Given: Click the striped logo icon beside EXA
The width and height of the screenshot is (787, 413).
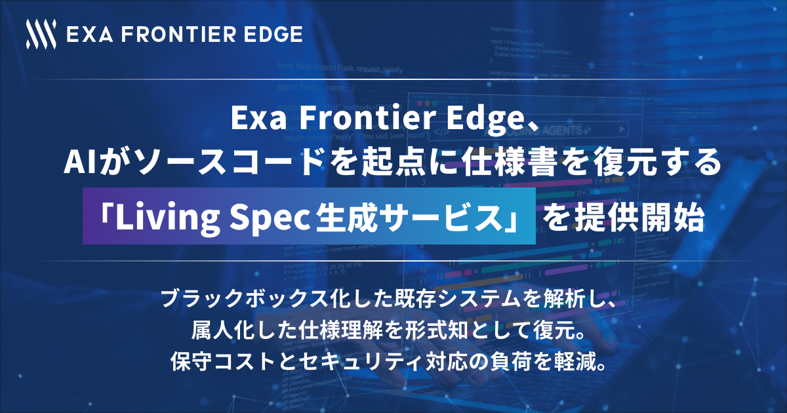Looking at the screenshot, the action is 41,34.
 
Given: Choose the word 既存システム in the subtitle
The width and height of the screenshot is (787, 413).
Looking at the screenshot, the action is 444,299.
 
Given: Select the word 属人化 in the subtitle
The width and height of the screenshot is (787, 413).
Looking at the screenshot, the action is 222,331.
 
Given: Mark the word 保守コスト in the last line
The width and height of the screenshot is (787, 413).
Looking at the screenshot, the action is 223,363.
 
